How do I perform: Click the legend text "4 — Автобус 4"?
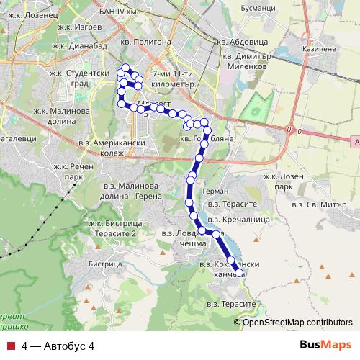coord(58,346)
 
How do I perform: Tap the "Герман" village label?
coord(215,192)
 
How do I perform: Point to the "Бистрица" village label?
coord(104,264)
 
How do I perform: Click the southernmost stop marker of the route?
coord(239,273)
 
